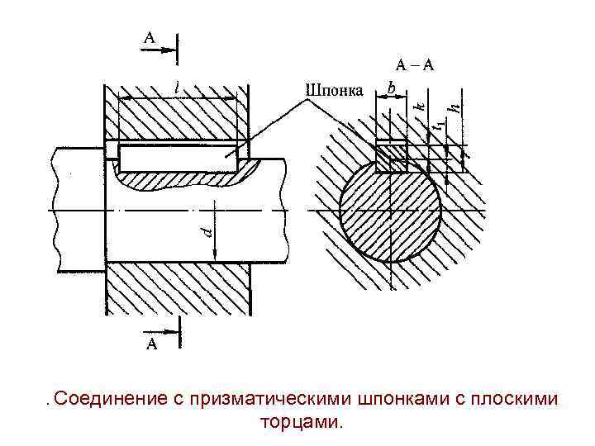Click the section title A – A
pos(414,65)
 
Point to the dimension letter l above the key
pos(178,87)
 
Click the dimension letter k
pos(419,105)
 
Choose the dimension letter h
pos(454,107)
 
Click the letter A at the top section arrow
pos(149,37)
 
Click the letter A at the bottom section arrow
pos(151,345)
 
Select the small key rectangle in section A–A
pos(390,154)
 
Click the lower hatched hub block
pos(178,288)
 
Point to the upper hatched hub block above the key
pos(178,116)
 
